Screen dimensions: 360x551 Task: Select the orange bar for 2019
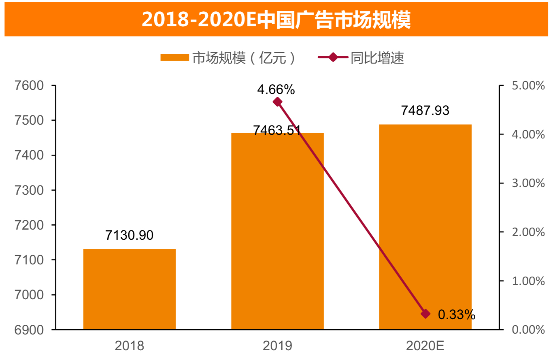pyautogui.click(x=277, y=231)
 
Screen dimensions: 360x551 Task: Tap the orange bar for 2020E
pyautogui.click(x=425, y=227)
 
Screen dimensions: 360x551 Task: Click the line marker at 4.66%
pyautogui.click(x=277, y=102)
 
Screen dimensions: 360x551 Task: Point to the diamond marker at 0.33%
pyautogui.click(x=425, y=313)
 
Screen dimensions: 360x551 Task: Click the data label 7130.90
pyautogui.click(x=130, y=235)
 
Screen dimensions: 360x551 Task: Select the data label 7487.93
pyautogui.click(x=425, y=111)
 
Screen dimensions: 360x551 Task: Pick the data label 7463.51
pyautogui.click(x=277, y=130)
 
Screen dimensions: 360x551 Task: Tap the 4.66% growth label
pyautogui.click(x=276, y=89)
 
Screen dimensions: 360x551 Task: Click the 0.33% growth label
pyautogui.click(x=457, y=315)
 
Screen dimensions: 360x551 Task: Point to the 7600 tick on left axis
pyautogui.click(x=29, y=86)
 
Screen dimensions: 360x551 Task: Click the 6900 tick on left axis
pyautogui.click(x=29, y=330)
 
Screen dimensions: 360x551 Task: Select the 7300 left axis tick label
pyautogui.click(x=29, y=190)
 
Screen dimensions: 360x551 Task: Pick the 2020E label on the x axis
pyautogui.click(x=425, y=347)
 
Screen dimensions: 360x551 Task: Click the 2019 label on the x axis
pyautogui.click(x=277, y=347)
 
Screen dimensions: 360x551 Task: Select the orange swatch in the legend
pyautogui.click(x=174, y=58)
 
